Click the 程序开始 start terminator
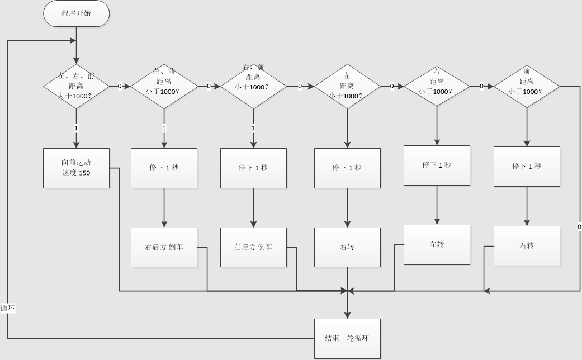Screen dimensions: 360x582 coord(76,13)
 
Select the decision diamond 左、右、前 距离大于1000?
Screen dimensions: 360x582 coord(76,86)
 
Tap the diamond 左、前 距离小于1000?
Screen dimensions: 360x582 coord(164,86)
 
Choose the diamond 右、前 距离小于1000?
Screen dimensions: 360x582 coord(253,86)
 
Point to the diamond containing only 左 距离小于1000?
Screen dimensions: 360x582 coord(347,86)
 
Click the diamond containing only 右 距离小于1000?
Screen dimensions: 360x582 coord(437,86)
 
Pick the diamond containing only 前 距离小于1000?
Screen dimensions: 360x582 coord(527,86)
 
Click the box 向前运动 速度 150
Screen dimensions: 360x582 coord(76,168)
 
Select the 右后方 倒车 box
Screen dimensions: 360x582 coord(164,247)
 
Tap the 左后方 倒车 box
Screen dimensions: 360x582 coord(253,247)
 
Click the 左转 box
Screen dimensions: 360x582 coord(437,244)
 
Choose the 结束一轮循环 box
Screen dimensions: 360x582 coord(347,338)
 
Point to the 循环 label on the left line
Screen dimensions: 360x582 coord(7,307)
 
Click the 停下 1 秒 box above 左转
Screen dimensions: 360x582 coord(437,165)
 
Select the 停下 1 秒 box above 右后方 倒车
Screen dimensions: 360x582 coord(164,168)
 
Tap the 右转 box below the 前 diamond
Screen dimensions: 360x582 coord(527,245)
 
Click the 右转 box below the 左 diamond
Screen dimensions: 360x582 coord(347,247)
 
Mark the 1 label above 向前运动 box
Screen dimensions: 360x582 coord(76,128)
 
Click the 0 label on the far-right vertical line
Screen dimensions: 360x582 coord(579,226)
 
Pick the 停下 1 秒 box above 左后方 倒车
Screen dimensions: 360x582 coord(253,168)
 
